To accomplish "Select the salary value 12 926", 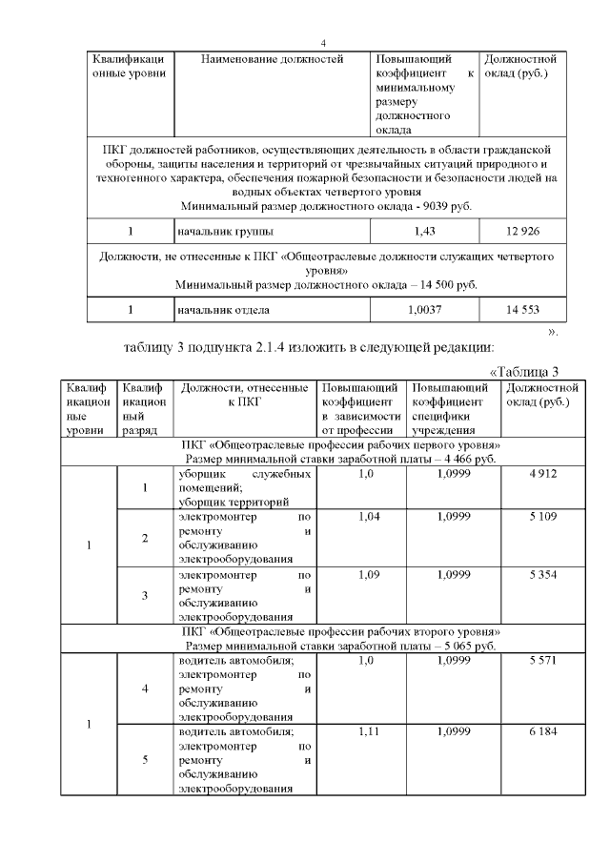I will click(522, 231).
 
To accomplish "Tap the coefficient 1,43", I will click(425, 231).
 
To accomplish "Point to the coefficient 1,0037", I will click(425, 310).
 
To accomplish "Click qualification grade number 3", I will click(145, 596).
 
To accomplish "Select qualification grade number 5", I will click(145, 760).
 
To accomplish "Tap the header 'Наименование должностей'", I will click(272, 60).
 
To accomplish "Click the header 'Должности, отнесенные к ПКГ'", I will click(245, 396).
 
